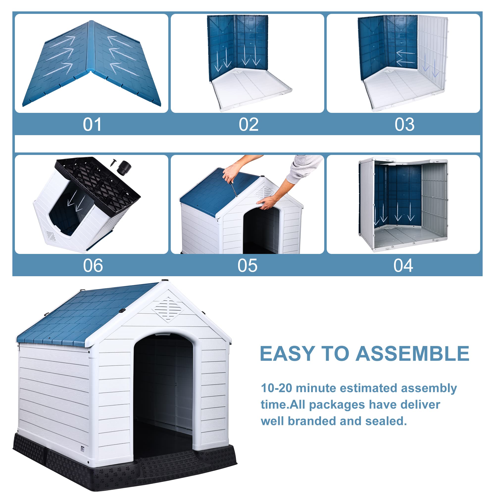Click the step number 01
tap(92, 125)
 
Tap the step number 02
tap(248, 125)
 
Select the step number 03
tap(404, 125)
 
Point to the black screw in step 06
tap(113, 162)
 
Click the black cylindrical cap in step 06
tap(124, 167)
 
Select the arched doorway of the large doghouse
tap(163, 392)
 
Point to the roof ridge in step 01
tap(90, 46)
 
